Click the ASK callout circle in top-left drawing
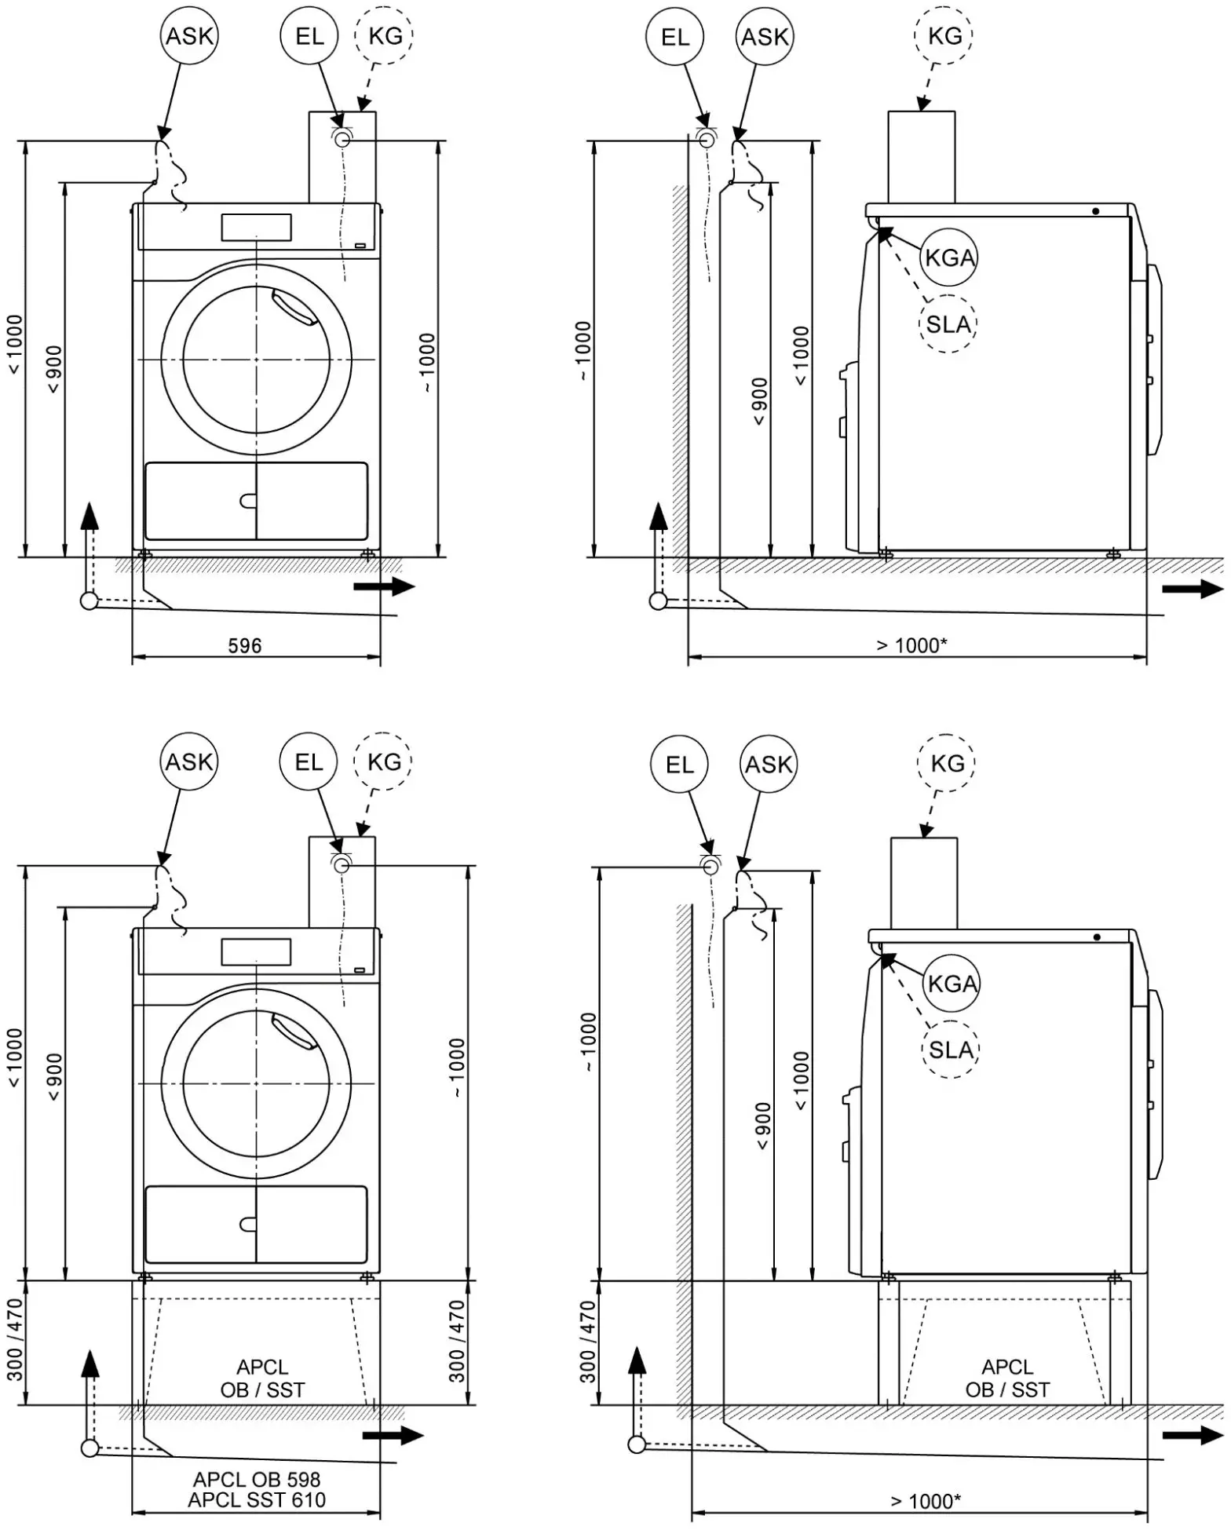pyautogui.click(x=189, y=36)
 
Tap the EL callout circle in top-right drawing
pyautogui.click(x=674, y=37)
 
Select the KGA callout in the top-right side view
pyautogui.click(x=949, y=257)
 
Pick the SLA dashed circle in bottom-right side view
pyautogui.click(x=951, y=1050)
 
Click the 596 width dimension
pyautogui.click(x=244, y=646)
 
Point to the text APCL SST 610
pyautogui.click(x=257, y=1500)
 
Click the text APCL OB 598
pyautogui.click(x=257, y=1480)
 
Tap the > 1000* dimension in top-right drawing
pyautogui.click(x=911, y=645)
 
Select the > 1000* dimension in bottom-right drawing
pyautogui.click(x=926, y=1501)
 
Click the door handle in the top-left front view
pyautogui.click(x=295, y=307)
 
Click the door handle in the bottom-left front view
pyautogui.click(x=295, y=1032)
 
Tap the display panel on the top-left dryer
pyautogui.click(x=256, y=227)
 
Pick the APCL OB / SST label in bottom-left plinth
pyautogui.click(x=262, y=1378)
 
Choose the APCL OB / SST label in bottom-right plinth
pyautogui.click(x=1007, y=1378)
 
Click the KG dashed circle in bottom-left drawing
pyautogui.click(x=384, y=761)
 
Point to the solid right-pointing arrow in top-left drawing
pyautogui.click(x=384, y=586)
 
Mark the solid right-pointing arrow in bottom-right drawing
pyautogui.click(x=1193, y=1435)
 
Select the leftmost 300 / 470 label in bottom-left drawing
pyautogui.click(x=16, y=1342)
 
